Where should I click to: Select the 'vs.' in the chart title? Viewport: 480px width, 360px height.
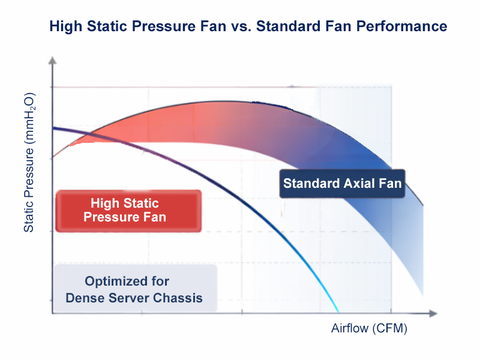coord(241,26)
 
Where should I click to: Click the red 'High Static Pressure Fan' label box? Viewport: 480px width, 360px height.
coord(128,210)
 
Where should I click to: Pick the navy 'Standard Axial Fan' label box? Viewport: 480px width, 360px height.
coord(343,183)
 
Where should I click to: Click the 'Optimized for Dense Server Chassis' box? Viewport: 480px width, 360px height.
coord(135,289)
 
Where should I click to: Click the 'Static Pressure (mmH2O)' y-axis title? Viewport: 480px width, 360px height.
coord(29,162)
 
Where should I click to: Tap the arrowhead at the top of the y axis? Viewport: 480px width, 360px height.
coord(53,60)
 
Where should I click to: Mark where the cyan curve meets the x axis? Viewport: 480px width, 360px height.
coord(339,313)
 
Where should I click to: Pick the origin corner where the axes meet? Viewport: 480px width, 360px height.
coord(53,313)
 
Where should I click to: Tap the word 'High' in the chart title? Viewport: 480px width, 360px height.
coord(64,26)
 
